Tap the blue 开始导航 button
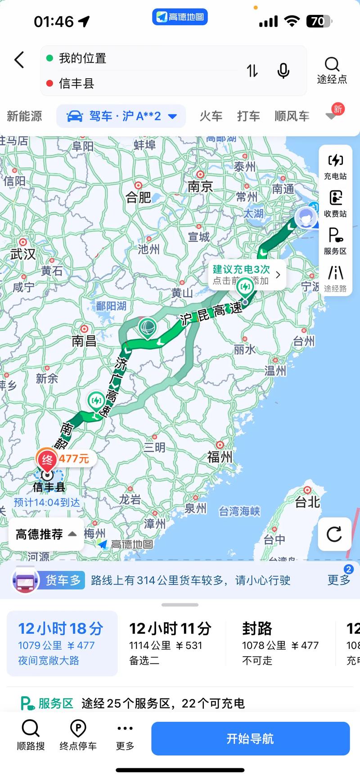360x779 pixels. point(250,738)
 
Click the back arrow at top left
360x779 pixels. point(19,60)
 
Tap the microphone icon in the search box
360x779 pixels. point(283,71)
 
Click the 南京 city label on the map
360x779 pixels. point(200,186)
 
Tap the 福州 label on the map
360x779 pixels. point(220,457)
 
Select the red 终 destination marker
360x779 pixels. point(47,459)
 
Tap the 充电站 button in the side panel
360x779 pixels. point(335,166)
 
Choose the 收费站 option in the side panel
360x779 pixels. point(335,203)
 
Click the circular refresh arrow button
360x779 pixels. point(334,534)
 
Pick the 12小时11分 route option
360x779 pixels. point(170,643)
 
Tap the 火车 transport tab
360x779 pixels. point(211,116)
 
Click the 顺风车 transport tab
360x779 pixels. point(292,116)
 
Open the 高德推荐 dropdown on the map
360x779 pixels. point(46,534)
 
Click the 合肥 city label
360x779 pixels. point(138,197)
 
